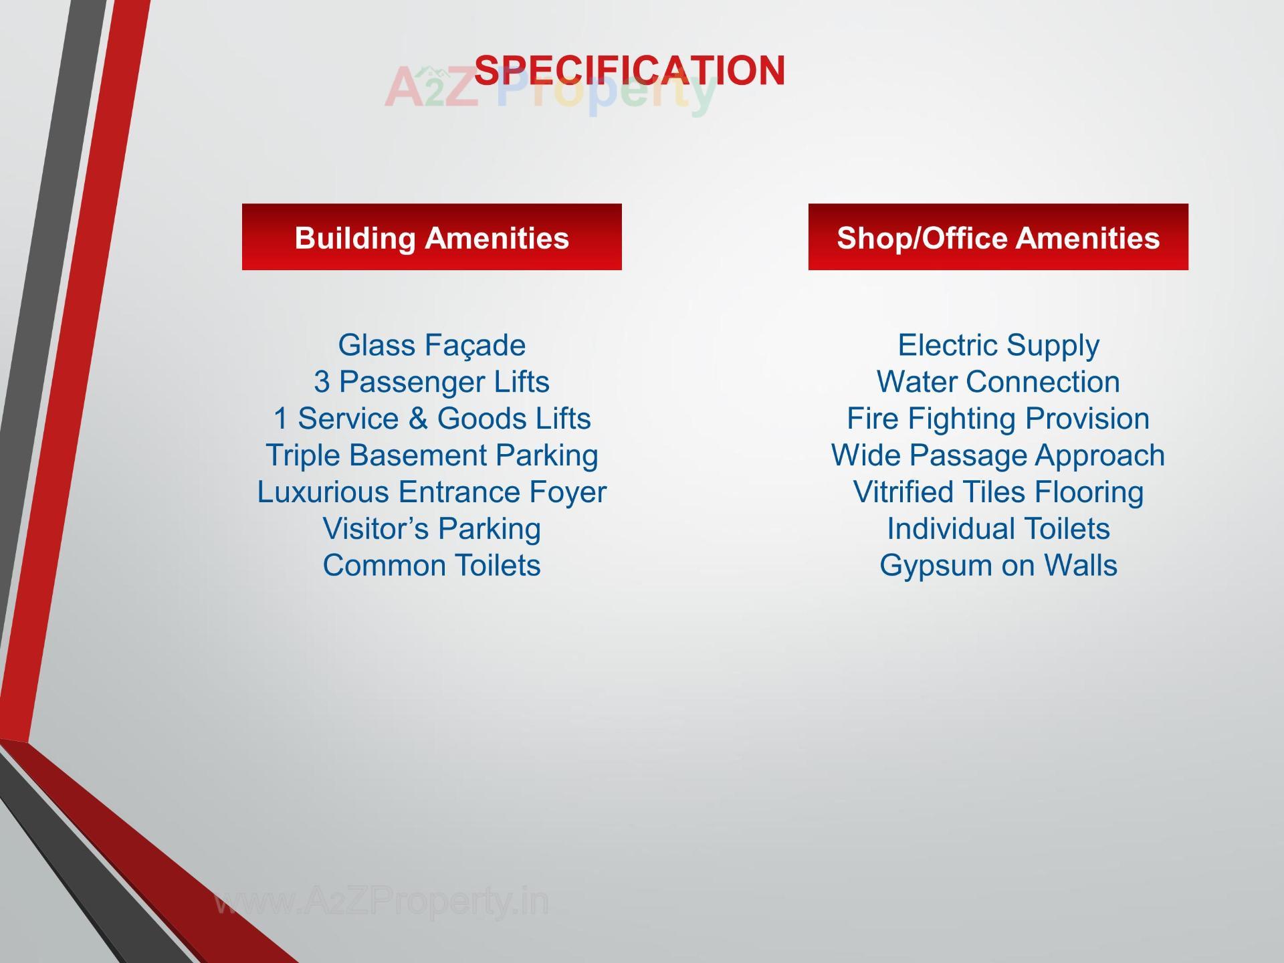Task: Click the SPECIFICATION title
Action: point(629,70)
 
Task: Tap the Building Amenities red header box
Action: point(431,237)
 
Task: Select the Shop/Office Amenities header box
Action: point(998,237)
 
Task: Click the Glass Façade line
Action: point(431,346)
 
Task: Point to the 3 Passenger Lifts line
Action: point(431,383)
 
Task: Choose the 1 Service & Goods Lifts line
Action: point(431,419)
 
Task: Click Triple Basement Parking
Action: point(431,455)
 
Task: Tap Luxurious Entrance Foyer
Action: point(431,492)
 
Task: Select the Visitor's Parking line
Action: point(431,529)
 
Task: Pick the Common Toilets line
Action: point(431,566)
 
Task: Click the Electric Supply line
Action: point(998,346)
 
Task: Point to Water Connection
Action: point(998,383)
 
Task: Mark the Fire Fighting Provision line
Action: point(998,419)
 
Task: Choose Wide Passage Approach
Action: point(998,455)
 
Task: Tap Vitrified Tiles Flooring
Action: point(998,492)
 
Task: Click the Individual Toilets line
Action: point(998,529)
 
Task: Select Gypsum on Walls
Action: point(998,566)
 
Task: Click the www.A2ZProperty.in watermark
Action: point(381,901)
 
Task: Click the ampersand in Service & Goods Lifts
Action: point(418,419)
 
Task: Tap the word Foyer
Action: point(568,493)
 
